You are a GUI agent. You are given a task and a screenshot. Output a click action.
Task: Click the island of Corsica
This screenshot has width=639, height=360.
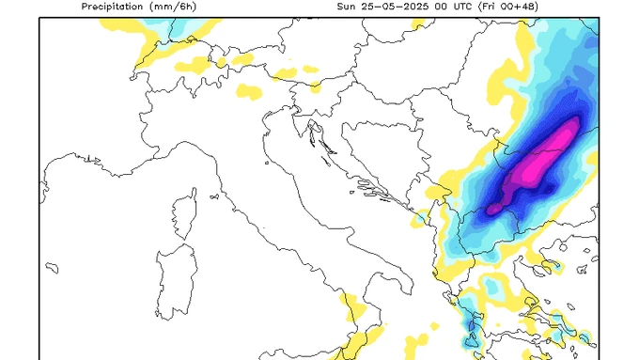click(183, 215)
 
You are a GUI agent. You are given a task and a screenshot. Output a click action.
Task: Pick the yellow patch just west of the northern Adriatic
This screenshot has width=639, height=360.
click(248, 91)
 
